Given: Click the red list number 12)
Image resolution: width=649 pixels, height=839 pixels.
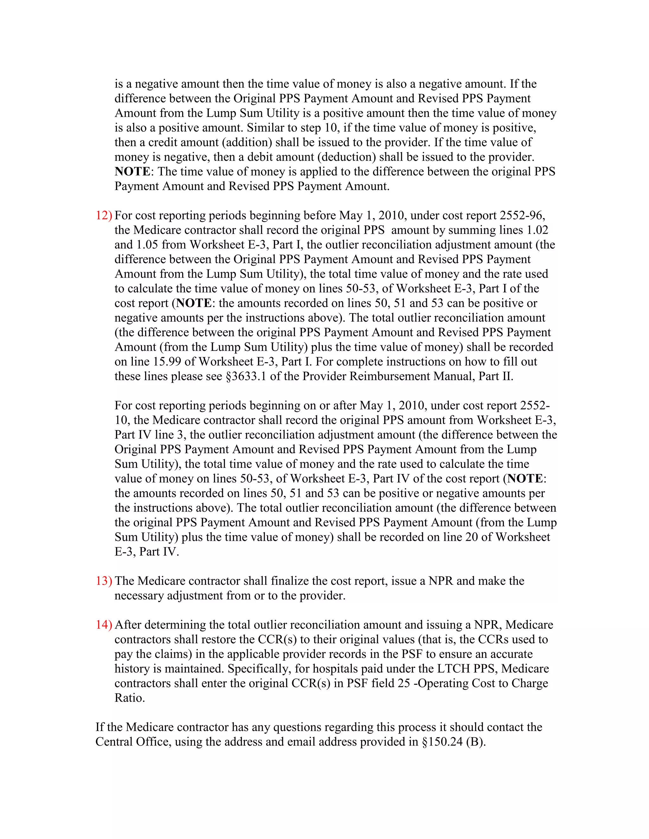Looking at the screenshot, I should coord(104,216).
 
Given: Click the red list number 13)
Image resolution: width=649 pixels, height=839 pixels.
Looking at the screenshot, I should coord(104,581).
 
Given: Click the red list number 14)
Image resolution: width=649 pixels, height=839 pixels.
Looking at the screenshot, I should coord(104,625).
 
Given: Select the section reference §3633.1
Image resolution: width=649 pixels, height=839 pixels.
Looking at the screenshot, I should coord(246,376).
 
